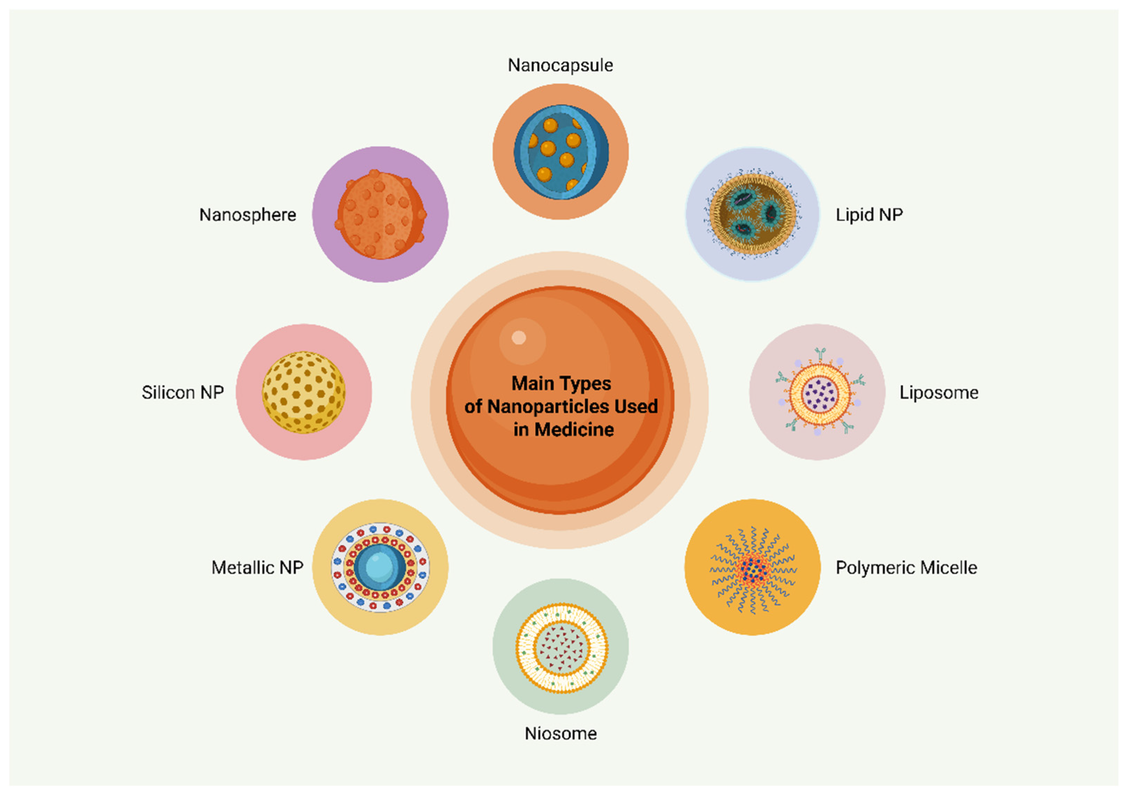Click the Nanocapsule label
pyautogui.click(x=560, y=65)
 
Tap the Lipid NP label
pyautogui.click(x=869, y=215)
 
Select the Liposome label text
pyautogui.click(x=939, y=392)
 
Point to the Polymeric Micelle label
pyautogui.click(x=906, y=567)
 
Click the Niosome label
pyautogui.click(x=561, y=734)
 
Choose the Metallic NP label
pyautogui.click(x=257, y=567)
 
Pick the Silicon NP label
pyautogui.click(x=182, y=392)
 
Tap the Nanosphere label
pyautogui.click(x=247, y=215)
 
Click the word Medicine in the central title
pyautogui.click(x=574, y=430)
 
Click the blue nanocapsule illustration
pyautogui.click(x=561, y=152)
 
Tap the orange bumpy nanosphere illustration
pyautogui.click(x=380, y=215)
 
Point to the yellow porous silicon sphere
pyautogui.click(x=303, y=392)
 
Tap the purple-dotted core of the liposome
pyautogui.click(x=819, y=393)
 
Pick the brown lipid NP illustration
pyautogui.click(x=753, y=214)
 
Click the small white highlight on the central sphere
pyautogui.click(x=519, y=338)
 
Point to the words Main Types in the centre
pyautogui.click(x=561, y=384)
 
